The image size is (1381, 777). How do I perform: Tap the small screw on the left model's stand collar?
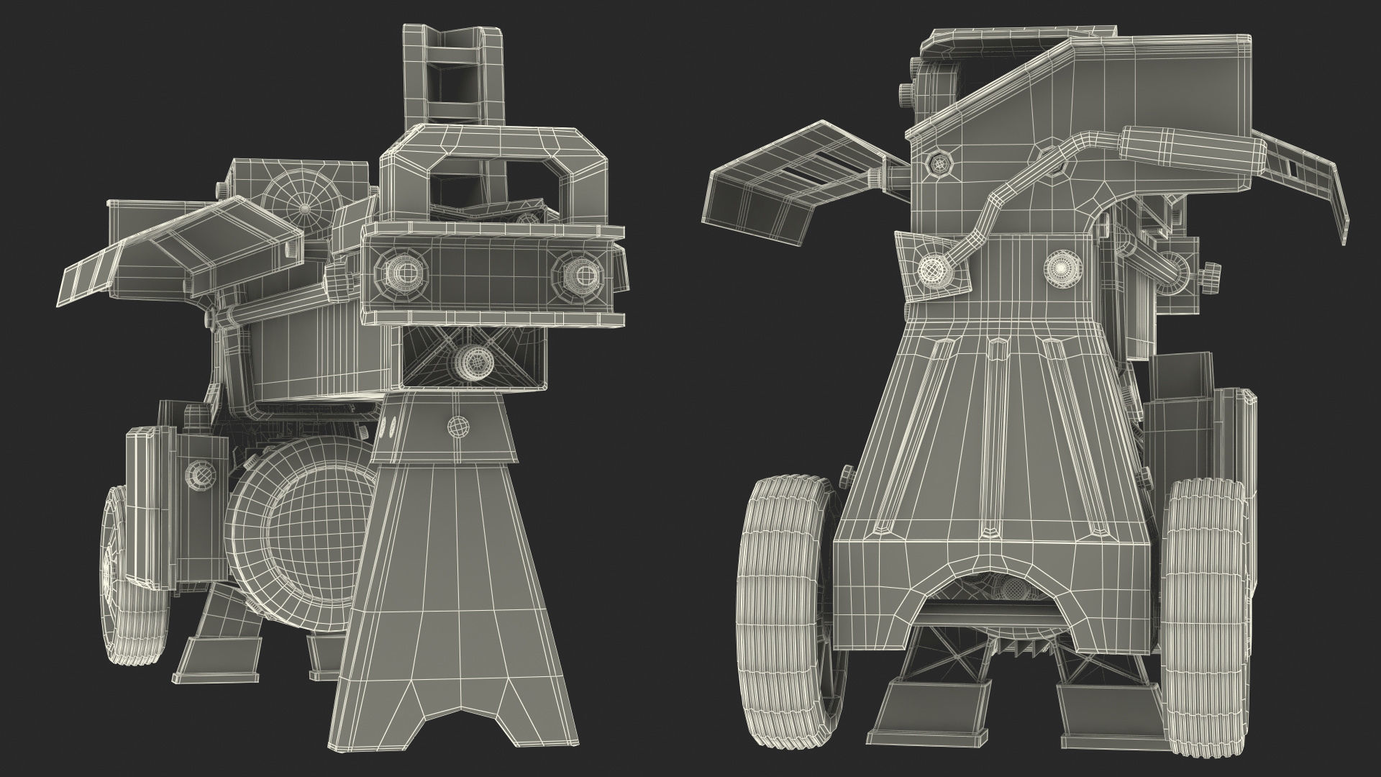coord(456,426)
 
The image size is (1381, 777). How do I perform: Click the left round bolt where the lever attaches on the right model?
coord(933,268)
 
